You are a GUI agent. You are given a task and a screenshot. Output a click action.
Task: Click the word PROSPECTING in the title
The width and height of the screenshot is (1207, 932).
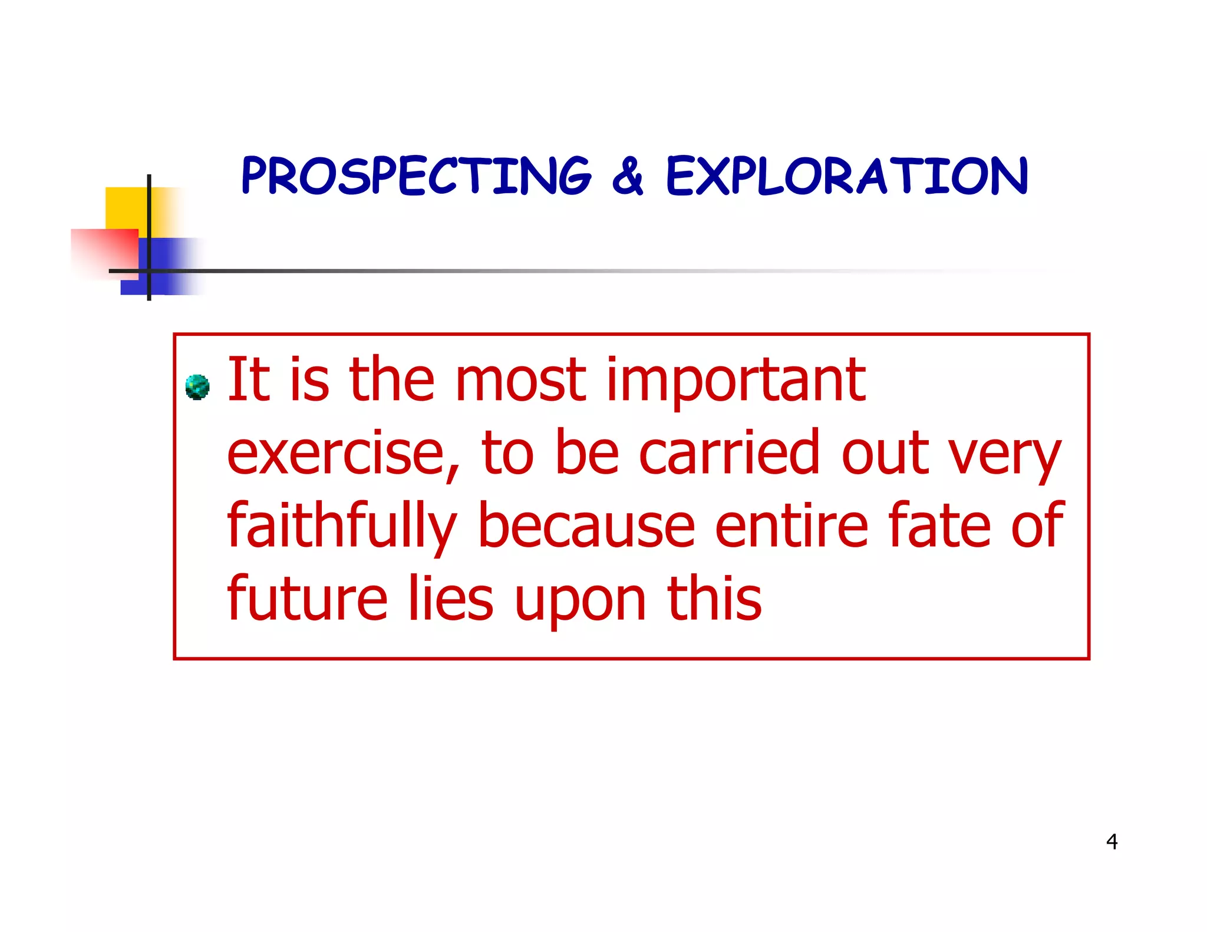[x=416, y=176]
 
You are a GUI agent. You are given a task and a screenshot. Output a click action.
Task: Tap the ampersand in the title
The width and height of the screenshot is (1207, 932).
[x=628, y=176]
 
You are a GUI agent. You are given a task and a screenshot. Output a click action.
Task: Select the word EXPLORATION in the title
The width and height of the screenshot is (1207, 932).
[x=847, y=176]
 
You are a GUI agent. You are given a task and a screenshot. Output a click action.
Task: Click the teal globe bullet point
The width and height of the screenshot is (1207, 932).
[x=197, y=387]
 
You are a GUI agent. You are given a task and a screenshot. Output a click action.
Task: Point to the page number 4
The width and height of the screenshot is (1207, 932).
[x=1112, y=842]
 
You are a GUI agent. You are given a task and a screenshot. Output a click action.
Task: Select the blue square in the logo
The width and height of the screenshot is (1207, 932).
[x=171, y=265]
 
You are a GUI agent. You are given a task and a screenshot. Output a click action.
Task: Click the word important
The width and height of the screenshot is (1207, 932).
[x=736, y=381]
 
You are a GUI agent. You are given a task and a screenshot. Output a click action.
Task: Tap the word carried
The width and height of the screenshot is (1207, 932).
[x=730, y=452]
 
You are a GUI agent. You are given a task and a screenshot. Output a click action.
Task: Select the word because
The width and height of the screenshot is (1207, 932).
[x=586, y=526]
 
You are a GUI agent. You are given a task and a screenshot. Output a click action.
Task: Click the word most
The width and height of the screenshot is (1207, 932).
[x=521, y=381]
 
